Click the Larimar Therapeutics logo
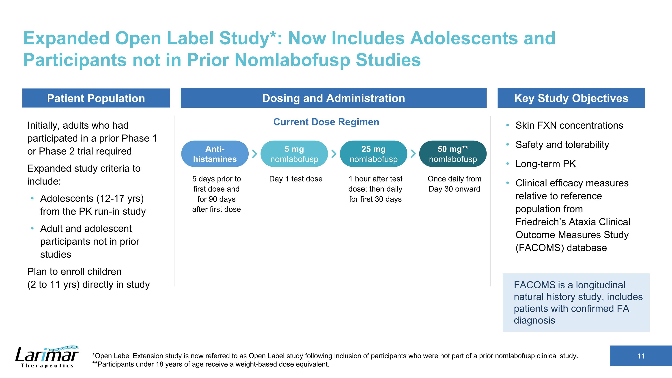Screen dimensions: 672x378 [x=47, y=357]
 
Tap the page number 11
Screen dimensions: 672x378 [x=641, y=356]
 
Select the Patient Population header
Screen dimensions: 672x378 [x=96, y=98]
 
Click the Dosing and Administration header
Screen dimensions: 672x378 [x=334, y=98]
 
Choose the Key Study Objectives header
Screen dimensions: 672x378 [x=571, y=98]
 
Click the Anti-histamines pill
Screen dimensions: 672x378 [x=215, y=154]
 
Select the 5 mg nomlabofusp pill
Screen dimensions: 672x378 [x=294, y=154]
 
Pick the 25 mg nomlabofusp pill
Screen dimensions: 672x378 [x=374, y=154]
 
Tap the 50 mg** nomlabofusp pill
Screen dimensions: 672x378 [x=453, y=154]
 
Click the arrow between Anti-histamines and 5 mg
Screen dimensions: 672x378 [x=255, y=154]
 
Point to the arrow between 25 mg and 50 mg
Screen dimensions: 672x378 [x=413, y=154]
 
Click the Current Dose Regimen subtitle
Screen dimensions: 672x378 [x=326, y=122]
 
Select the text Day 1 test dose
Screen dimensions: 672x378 [x=296, y=179]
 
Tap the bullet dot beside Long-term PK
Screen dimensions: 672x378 [x=507, y=164]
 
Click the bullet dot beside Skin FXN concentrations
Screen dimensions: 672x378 [x=507, y=125]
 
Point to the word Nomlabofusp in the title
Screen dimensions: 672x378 [x=292, y=60]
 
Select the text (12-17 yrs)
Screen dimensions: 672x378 [x=120, y=199]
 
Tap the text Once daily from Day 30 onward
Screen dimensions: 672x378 [x=454, y=184]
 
